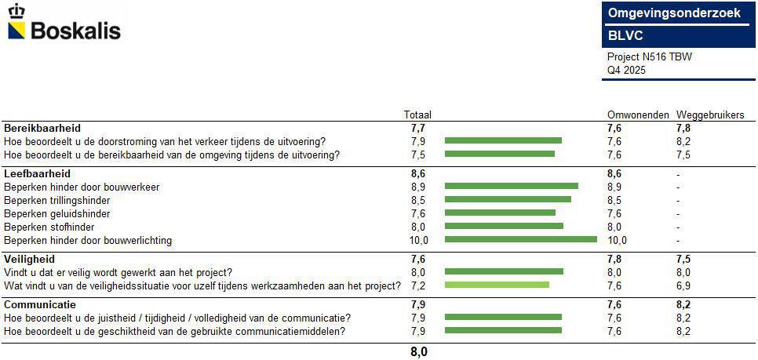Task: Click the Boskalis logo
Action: coord(64,24)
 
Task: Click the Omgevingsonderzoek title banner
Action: coord(674,13)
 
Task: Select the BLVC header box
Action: coord(674,36)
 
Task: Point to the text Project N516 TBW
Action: coord(650,57)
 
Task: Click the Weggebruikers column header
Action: coord(710,115)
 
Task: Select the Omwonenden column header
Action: coord(638,115)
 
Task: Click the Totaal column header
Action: coord(417,115)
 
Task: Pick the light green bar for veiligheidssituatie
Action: coord(497,285)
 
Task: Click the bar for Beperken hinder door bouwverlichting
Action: coord(520,240)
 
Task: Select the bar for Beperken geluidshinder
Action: coord(500,213)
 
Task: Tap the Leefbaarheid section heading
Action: coord(37,173)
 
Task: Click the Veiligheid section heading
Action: coord(29,259)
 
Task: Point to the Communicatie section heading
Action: coord(40,304)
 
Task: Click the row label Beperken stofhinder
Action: coord(50,227)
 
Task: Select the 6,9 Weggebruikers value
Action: coord(683,285)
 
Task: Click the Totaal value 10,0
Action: coord(418,240)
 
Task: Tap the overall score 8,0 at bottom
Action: coord(419,352)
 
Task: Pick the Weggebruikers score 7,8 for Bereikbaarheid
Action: coord(683,128)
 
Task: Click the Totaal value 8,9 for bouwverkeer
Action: coord(418,187)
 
